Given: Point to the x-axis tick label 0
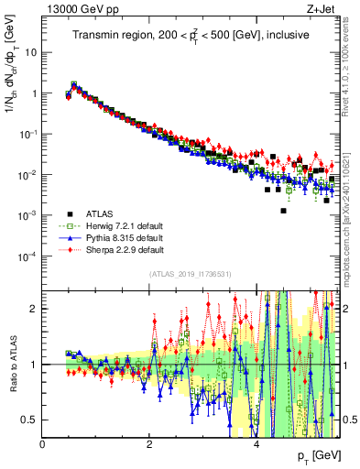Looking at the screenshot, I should pos(43,444).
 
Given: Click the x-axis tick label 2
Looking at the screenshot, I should pos(149,444).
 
